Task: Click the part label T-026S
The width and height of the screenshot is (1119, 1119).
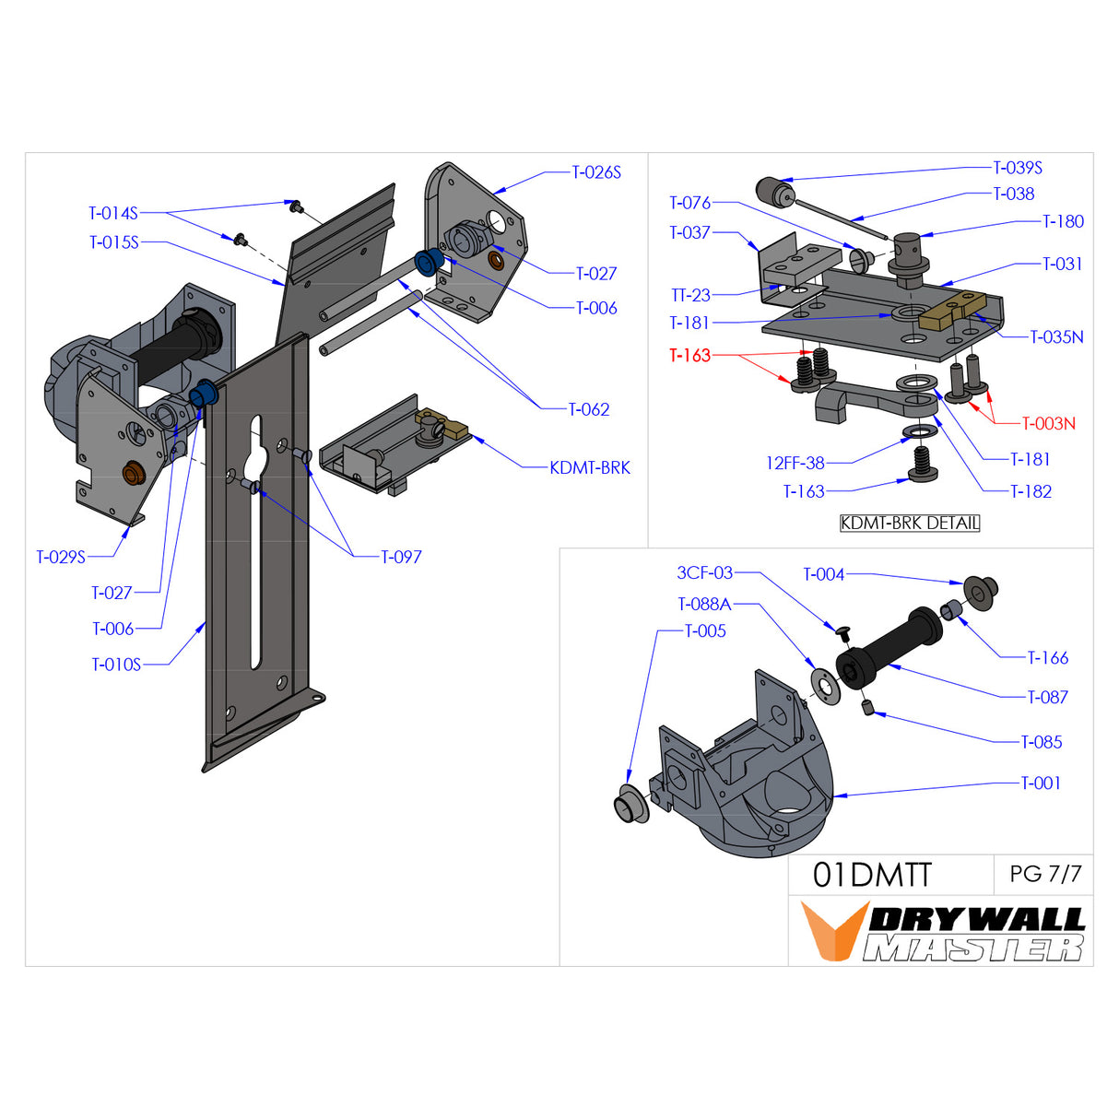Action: pos(596,172)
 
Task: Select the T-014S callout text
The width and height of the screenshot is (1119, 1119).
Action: pos(112,213)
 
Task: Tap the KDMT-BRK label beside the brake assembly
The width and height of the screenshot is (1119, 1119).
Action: pos(590,467)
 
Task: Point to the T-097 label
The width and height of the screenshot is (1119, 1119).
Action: pos(401,557)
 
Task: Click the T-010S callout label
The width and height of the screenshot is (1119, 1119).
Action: pos(116,664)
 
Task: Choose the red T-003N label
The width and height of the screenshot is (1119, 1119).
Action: pos(1048,423)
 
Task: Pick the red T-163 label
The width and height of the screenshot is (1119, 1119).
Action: pos(689,355)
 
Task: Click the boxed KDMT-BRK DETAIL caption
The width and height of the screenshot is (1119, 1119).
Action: pos(910,523)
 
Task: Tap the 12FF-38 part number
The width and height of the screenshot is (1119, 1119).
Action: pos(795,463)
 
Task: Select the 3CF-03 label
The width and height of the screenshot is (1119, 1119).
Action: pos(704,572)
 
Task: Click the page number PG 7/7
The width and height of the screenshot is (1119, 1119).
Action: pos(1045,874)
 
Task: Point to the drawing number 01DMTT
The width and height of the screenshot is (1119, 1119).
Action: pos(872,875)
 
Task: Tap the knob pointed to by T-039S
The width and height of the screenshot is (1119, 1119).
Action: pos(774,194)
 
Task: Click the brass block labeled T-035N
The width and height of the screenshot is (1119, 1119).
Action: pos(950,310)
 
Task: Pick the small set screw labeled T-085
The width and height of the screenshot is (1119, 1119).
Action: pos(867,707)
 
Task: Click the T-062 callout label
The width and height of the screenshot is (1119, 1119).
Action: pos(588,409)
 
